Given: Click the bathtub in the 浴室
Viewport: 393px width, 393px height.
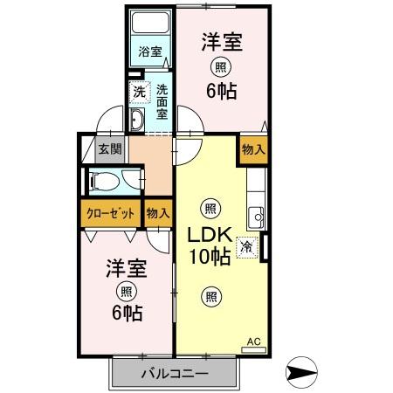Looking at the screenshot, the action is click(x=150, y=23).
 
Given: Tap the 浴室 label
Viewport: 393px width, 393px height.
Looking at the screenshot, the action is click(x=150, y=52).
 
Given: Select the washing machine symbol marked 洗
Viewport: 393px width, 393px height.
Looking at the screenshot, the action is click(x=140, y=93).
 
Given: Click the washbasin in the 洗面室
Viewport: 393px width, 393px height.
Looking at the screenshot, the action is click(x=136, y=119).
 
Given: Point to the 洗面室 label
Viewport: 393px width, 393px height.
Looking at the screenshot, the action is click(x=162, y=102).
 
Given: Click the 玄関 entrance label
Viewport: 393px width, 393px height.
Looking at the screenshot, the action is click(x=110, y=149).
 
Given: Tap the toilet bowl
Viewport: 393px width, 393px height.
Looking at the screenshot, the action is click(x=105, y=181).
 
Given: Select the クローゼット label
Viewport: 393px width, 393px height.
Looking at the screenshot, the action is click(x=111, y=214).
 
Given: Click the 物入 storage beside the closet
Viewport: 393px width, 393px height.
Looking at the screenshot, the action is click(x=158, y=213).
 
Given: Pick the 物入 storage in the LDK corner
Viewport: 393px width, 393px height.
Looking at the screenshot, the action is click(x=253, y=149).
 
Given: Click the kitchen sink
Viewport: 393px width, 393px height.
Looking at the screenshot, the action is click(x=257, y=217).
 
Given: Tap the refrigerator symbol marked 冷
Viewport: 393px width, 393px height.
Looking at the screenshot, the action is click(x=247, y=247).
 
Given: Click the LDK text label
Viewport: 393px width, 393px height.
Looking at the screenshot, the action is click(x=210, y=235).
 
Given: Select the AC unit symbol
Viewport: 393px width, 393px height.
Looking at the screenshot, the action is click(x=253, y=350).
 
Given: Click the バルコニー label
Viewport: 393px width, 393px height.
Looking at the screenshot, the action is click(x=175, y=373).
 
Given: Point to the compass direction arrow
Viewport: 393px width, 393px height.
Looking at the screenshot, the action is click(x=301, y=372).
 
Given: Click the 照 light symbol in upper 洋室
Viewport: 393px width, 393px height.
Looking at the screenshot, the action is click(x=221, y=67).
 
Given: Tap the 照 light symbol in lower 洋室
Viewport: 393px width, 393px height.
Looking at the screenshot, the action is click(x=127, y=292).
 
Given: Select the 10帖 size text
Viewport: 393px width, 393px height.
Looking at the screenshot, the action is click(x=210, y=256).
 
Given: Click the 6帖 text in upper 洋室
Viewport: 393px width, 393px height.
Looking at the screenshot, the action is click(x=221, y=91).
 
